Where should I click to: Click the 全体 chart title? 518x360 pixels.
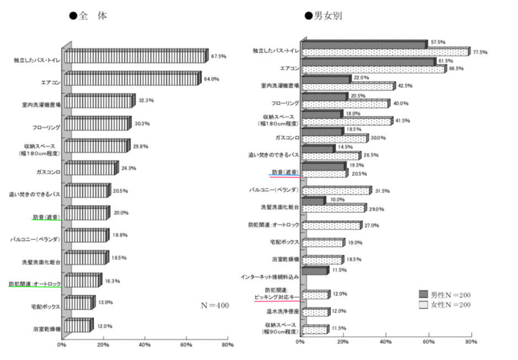pyautogui.click(x=88, y=16)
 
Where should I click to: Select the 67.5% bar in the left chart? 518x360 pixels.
pyautogui.click(x=136, y=57)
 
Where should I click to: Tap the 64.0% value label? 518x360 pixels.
pyautogui.click(x=212, y=79)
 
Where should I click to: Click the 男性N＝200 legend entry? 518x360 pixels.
pyautogui.click(x=444, y=294)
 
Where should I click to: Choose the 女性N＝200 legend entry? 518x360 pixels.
pyautogui.click(x=444, y=304)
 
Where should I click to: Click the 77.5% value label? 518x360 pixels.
pyautogui.click(x=479, y=52)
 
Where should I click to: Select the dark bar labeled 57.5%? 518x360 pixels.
pyautogui.click(x=364, y=44)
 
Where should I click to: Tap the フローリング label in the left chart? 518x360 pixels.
pyautogui.click(x=46, y=127)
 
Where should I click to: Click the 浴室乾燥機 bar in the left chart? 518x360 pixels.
pyautogui.click(x=78, y=326)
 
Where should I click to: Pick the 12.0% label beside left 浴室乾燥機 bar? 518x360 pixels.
pyautogui.click(x=105, y=326)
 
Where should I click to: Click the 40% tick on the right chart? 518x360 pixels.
pyautogui.click(x=386, y=342)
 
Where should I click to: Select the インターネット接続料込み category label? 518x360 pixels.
pyautogui.click(x=269, y=276)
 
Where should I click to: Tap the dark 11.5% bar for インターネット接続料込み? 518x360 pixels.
pyautogui.click(x=315, y=271)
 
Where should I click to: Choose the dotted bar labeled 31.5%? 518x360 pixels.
pyautogui.click(x=336, y=191)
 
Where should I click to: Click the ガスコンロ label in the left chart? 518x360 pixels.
pyautogui.click(x=48, y=172)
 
